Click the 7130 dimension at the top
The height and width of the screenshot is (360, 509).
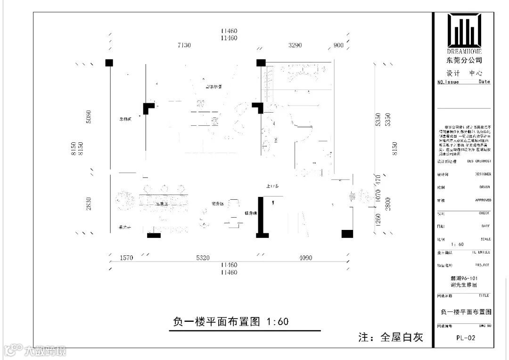[185, 46]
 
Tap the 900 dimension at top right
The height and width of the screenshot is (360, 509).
[338, 46]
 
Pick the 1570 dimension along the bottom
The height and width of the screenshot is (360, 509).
[127, 258]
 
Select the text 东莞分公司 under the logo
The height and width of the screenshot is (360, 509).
[464, 60]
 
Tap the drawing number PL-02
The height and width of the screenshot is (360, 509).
[464, 338]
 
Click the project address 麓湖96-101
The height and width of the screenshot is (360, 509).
[464, 278]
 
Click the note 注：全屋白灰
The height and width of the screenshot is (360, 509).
[391, 337]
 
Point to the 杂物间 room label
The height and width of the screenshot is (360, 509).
[125, 119]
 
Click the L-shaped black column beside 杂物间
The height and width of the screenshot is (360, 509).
[149, 108]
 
